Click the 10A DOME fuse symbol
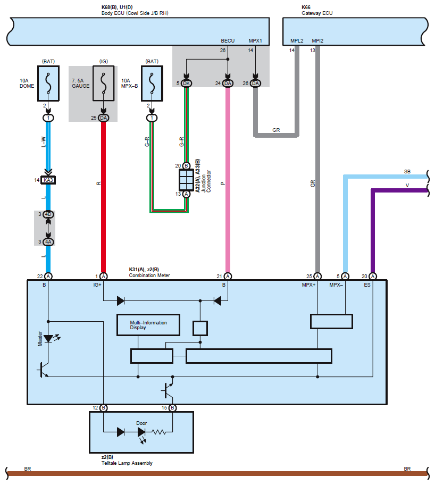(x=48, y=83)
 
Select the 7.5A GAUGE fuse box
(x=103, y=83)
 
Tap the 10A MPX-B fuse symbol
(x=152, y=83)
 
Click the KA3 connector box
(x=48, y=180)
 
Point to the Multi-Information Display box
(x=148, y=325)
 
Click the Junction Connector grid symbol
(x=186, y=180)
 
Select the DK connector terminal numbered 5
(x=186, y=83)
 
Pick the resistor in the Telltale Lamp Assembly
(x=158, y=432)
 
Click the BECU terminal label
(x=228, y=41)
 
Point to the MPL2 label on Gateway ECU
(x=297, y=41)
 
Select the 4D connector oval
(x=48, y=214)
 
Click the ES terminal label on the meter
(x=367, y=285)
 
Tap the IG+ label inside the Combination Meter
(x=97, y=285)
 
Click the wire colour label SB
(x=407, y=172)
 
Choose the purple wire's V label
(x=407, y=185)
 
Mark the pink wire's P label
(x=222, y=183)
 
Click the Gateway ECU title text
(x=317, y=13)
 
